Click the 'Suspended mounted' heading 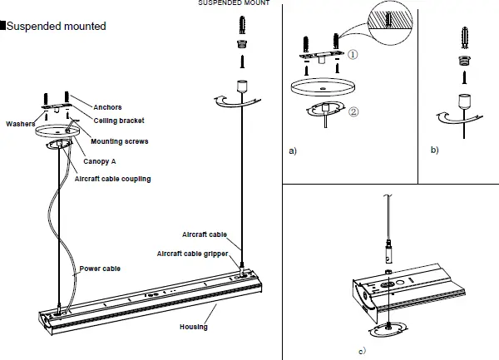(x=57, y=27)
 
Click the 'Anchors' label (x=108, y=106)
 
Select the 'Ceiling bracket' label (x=118, y=121)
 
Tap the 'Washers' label (x=21, y=124)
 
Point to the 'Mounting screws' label (x=119, y=141)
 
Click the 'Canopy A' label (x=104, y=162)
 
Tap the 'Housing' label (x=193, y=327)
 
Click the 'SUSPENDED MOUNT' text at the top (x=233, y=3)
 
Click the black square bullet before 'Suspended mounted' (x=3, y=27)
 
